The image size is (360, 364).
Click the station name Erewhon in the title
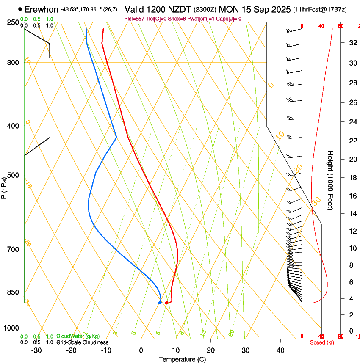[x=42, y=9]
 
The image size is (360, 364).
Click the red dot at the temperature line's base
[x=166, y=303]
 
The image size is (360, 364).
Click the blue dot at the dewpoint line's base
[x=160, y=303]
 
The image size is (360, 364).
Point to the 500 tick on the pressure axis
[x=14, y=175]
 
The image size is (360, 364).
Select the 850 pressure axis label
[x=14, y=292]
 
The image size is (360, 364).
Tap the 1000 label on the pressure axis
[x=12, y=328]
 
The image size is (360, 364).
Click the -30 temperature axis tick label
[x=36, y=350]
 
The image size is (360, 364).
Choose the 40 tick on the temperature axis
[x=280, y=350]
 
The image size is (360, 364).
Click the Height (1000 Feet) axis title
[x=330, y=180]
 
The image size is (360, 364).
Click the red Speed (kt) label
[x=322, y=342]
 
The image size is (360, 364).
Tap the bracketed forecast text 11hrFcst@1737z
[x=319, y=10]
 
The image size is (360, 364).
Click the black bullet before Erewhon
[x=20, y=9]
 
